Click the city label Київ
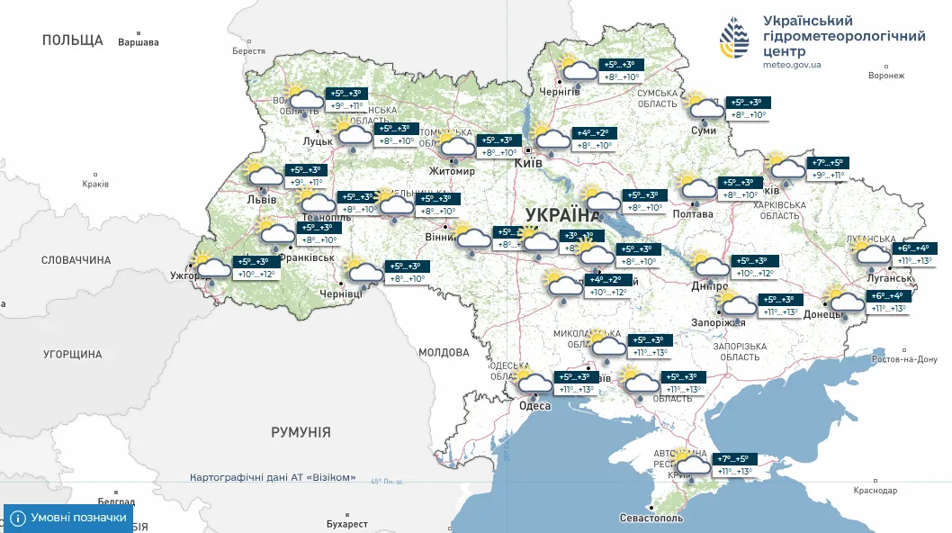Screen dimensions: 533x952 pos(527,163)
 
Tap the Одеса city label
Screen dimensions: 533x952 pos(535,405)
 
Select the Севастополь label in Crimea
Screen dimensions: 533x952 pos(651,519)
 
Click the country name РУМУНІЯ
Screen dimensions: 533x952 pos(301,432)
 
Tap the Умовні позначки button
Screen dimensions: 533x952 pos(68,518)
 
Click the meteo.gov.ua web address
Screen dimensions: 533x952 pos(792,65)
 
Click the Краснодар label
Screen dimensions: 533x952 pos(876,491)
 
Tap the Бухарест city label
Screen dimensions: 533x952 pos(347,523)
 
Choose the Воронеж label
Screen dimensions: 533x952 pos(885,76)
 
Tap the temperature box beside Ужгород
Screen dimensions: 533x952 pos(254,267)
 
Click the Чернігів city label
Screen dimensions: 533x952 pos(558,92)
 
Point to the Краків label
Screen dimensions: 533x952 pos(94,184)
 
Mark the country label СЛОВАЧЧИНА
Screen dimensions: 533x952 pos(76,260)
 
